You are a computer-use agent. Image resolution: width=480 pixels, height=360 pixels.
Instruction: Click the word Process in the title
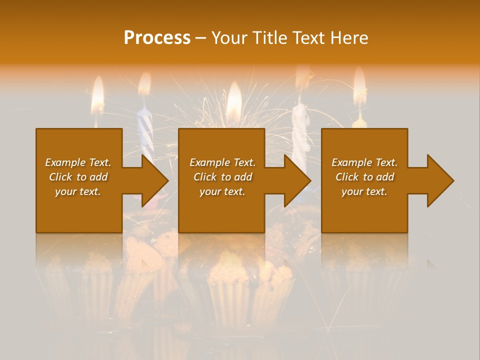tap(157, 38)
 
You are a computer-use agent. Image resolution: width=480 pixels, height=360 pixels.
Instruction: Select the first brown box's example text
tap(78, 177)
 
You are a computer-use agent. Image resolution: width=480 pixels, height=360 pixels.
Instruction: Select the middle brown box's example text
tap(222, 177)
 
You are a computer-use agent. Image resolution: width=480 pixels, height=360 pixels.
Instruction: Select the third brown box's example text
tap(364, 177)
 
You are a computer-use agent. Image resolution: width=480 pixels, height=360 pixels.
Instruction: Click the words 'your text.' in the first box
tap(78, 191)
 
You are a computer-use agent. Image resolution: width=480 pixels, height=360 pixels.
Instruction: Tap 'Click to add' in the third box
tap(364, 177)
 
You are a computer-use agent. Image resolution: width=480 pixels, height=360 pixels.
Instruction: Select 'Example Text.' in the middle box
tap(222, 162)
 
